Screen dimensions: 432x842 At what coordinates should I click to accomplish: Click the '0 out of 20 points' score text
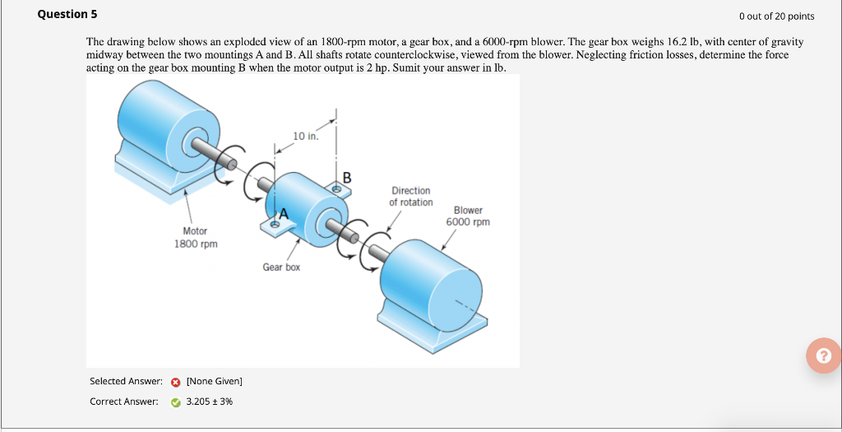point(776,16)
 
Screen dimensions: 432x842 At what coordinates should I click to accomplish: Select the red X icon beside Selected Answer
point(176,382)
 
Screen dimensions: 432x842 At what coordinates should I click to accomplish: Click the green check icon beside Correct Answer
point(176,402)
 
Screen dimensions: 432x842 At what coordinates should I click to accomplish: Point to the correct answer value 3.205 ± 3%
point(210,402)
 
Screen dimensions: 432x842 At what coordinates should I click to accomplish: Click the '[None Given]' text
point(215,381)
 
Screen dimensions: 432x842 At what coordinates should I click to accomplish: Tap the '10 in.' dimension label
point(304,136)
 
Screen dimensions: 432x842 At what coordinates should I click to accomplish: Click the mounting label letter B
point(346,176)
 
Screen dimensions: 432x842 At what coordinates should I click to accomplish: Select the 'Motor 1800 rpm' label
point(196,238)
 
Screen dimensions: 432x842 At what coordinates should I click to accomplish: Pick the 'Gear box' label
point(281,267)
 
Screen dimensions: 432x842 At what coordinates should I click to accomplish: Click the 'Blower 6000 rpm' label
point(468,216)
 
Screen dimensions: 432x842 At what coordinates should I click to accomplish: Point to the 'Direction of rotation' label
point(410,197)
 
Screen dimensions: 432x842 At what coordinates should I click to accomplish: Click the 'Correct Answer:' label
point(124,402)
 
